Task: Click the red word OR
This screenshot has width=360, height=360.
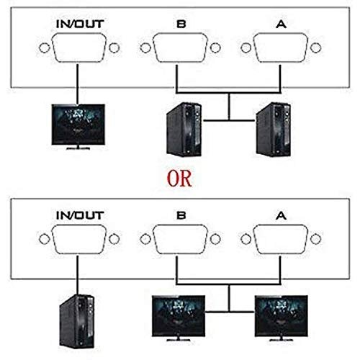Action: pyautogui.click(x=179, y=177)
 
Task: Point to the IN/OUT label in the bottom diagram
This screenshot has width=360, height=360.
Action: pyautogui.click(x=81, y=214)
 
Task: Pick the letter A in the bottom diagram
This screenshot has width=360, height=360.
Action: pyautogui.click(x=281, y=214)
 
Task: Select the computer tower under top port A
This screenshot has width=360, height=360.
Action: pyautogui.click(x=274, y=129)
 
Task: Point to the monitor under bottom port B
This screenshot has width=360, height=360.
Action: pyautogui.click(x=177, y=317)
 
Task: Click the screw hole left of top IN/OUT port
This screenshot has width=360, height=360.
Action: pyautogui.click(x=44, y=51)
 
